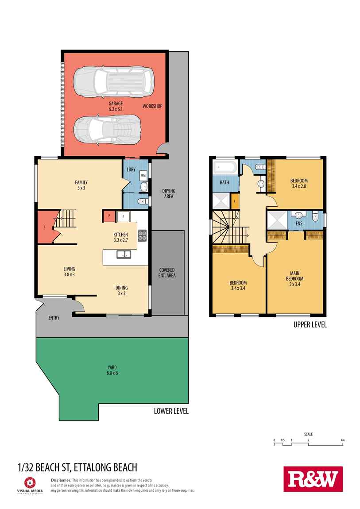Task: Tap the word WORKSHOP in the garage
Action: point(152,106)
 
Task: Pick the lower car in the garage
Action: point(106,130)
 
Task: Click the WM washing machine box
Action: point(143,175)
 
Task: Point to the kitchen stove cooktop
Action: point(143,235)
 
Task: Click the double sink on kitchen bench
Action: point(123,254)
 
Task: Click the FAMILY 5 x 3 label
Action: point(81,185)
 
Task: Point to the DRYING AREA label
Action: point(169,194)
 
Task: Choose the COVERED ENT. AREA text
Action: point(167,273)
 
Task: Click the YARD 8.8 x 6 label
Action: point(112,370)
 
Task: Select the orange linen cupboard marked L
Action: point(235,202)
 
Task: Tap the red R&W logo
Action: point(313,479)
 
